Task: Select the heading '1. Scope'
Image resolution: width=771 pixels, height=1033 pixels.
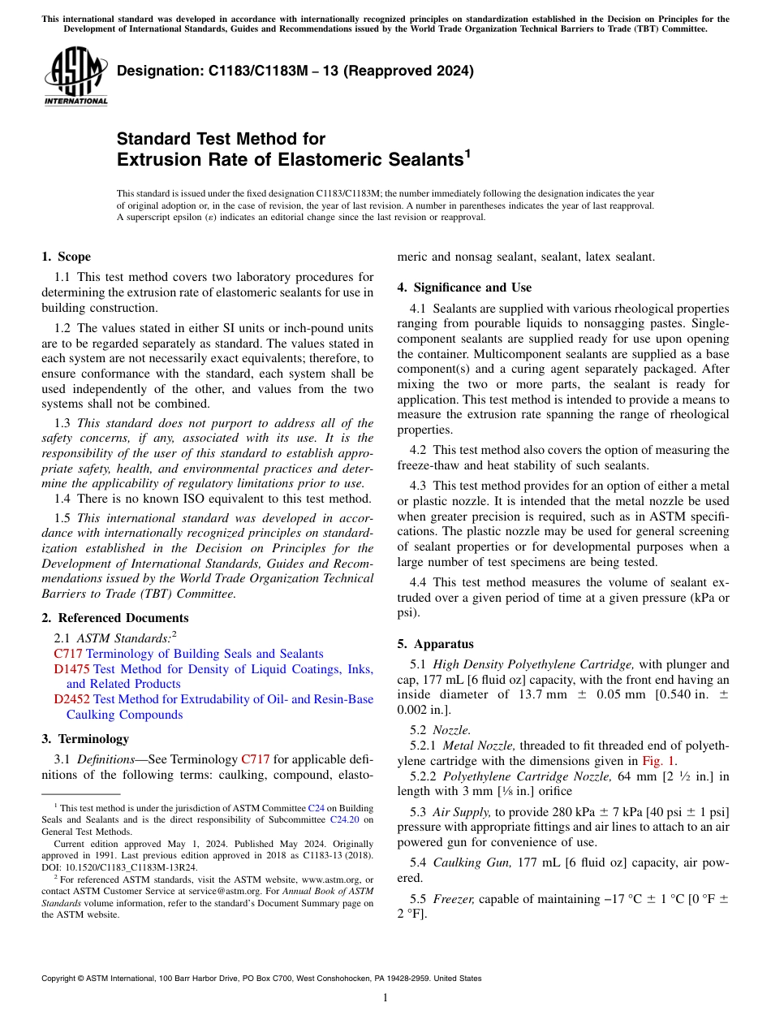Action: click(66, 257)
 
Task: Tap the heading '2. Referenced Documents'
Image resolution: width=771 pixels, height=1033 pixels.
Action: click(114, 618)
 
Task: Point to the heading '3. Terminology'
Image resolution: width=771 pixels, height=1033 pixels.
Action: click(85, 738)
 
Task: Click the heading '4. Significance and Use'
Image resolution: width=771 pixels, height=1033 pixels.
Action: click(464, 287)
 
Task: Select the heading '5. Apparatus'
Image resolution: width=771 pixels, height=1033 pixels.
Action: click(435, 644)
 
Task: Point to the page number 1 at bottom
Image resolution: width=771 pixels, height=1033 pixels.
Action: click(385, 998)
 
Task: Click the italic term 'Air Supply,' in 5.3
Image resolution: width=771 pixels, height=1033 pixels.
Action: click(462, 812)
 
